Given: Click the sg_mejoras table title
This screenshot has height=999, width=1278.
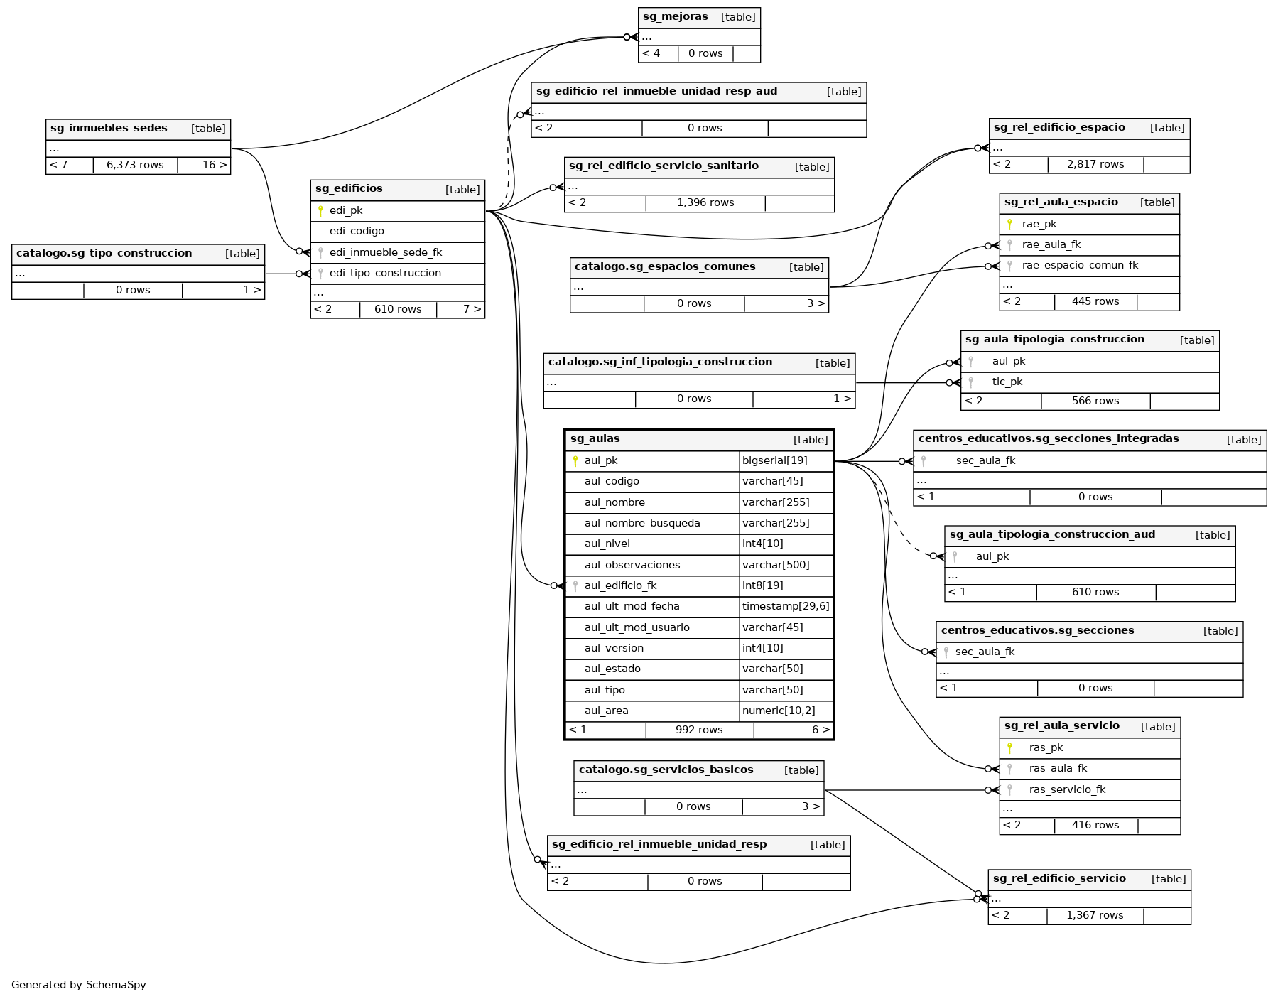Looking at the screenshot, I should point(675,17).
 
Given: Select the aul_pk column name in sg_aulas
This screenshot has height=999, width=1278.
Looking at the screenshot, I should point(601,460).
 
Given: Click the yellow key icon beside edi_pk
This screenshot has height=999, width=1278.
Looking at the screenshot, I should point(320,211).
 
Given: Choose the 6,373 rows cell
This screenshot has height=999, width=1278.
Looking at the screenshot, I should point(135,166).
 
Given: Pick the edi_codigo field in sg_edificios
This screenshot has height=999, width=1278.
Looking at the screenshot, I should point(357,232).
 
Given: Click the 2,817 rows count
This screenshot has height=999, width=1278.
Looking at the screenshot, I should point(1095,165).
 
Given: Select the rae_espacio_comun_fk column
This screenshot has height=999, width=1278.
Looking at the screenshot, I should point(1080,266).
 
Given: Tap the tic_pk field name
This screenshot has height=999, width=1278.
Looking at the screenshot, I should point(1007,382).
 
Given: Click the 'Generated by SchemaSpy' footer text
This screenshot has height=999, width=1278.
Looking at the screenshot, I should point(79,985).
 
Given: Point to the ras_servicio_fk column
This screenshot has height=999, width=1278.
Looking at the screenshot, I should point(1067,789).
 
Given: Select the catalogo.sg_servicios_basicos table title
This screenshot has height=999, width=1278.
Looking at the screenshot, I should point(666,769).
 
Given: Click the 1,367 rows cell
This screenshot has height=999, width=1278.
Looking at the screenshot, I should point(1095,916).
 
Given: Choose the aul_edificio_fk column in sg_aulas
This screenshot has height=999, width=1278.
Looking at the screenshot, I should point(620,586).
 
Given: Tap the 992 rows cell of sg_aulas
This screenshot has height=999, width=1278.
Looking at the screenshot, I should point(699,730).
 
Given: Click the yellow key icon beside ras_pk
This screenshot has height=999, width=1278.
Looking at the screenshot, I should point(1009,748).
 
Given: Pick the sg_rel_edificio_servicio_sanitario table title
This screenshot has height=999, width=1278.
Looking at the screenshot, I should point(664,166).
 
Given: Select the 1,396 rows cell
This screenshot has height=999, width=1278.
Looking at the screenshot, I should point(705,203).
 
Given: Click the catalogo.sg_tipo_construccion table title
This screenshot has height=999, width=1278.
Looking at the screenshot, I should point(104,254).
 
